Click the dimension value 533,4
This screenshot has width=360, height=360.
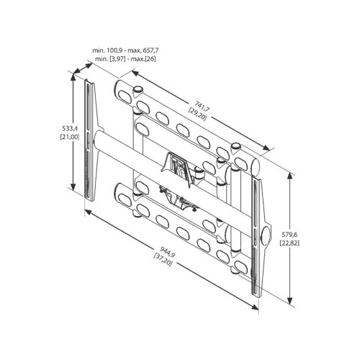[x=69, y=129]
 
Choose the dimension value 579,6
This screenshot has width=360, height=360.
[x=290, y=234]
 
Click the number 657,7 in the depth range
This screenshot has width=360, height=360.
[x=150, y=50]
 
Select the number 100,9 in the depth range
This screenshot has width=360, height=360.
[x=114, y=50]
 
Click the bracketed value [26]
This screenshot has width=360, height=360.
[x=150, y=59]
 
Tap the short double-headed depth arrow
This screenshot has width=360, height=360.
[x=83, y=68]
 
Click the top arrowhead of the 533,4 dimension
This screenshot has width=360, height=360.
[x=73, y=77]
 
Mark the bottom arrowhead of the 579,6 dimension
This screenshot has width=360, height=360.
[x=290, y=300]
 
